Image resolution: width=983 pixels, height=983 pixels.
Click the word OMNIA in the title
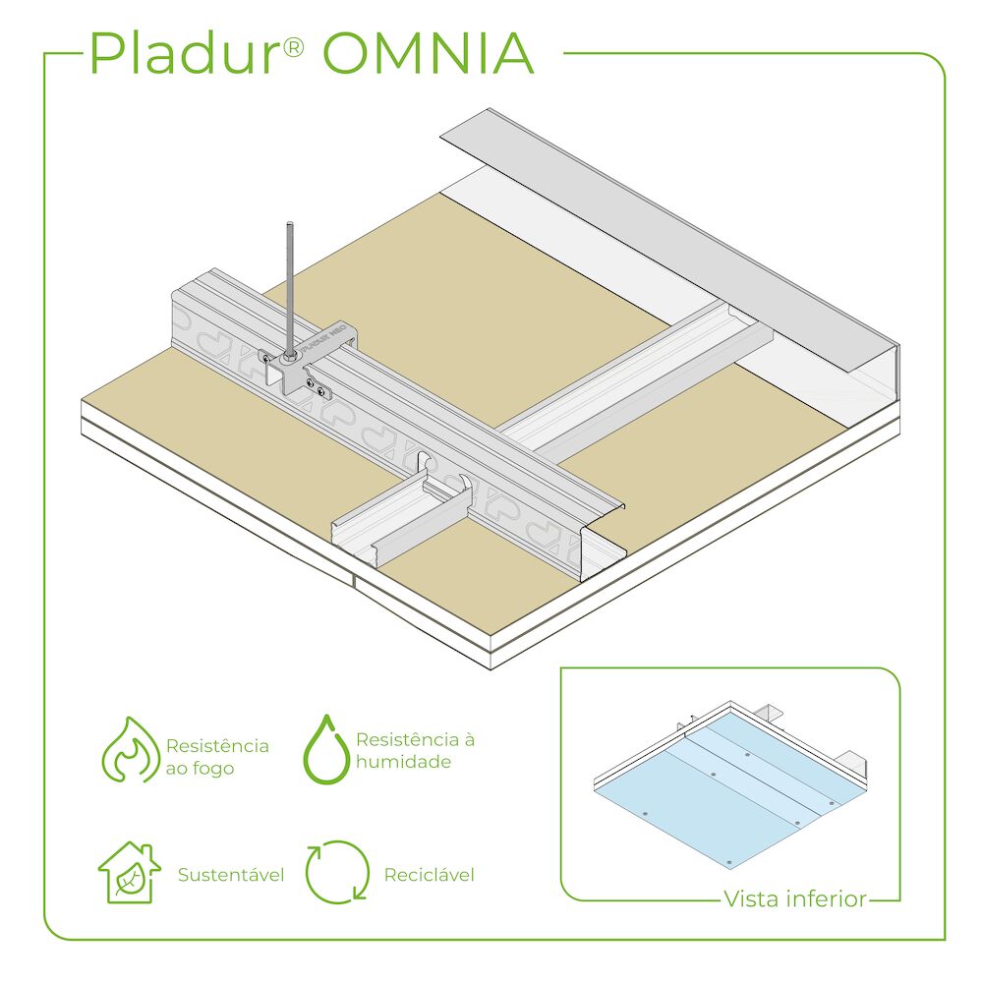pyautogui.click(x=429, y=53)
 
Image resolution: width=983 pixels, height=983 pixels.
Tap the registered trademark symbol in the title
pyautogui.click(x=293, y=46)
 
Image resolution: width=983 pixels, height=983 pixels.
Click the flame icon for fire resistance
pyautogui.click(x=131, y=750)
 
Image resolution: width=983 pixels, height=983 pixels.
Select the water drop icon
pyautogui.click(x=326, y=749)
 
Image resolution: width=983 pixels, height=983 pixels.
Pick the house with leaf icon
pyautogui.click(x=130, y=872)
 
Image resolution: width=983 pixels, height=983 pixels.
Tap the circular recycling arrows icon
pyautogui.click(x=337, y=872)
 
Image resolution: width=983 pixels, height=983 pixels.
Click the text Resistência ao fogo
pyautogui.click(x=217, y=757)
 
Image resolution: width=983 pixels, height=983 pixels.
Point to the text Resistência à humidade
pyautogui.click(x=415, y=750)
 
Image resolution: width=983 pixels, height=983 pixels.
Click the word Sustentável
pyautogui.click(x=231, y=875)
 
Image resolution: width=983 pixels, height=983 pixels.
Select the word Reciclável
pyautogui.click(x=429, y=875)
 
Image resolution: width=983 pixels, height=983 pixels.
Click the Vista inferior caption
pyautogui.click(x=795, y=898)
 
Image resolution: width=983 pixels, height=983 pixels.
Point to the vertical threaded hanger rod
pyautogui.click(x=290, y=288)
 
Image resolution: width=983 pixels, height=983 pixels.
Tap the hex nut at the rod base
pyautogui.click(x=290, y=357)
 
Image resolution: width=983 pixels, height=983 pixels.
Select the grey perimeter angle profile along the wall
pyautogui.click(x=670, y=242)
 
